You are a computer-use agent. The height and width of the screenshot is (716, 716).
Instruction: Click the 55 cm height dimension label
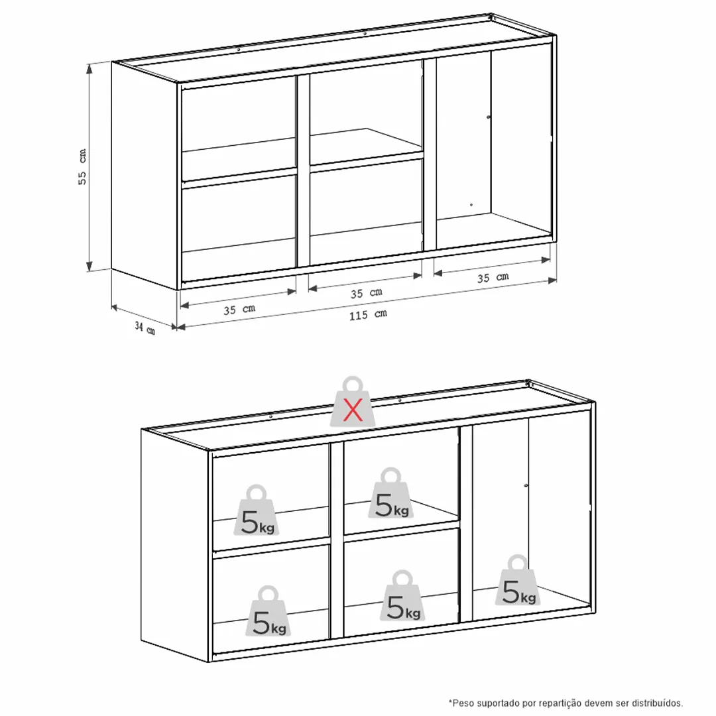(x=82, y=166)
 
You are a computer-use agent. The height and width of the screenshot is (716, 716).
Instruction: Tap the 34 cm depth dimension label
(x=145, y=328)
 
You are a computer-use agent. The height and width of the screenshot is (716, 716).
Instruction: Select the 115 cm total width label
(x=368, y=315)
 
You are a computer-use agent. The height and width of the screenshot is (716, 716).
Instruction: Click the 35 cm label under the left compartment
(x=239, y=310)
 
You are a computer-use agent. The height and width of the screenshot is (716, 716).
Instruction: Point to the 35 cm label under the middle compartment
(x=366, y=293)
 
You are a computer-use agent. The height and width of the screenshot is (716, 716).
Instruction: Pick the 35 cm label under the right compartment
(x=493, y=277)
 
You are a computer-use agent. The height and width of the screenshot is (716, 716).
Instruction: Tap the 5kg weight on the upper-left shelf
(x=257, y=510)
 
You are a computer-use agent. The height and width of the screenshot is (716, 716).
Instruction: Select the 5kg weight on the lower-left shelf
(x=268, y=611)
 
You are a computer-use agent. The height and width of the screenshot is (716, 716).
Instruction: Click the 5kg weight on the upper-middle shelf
(x=391, y=493)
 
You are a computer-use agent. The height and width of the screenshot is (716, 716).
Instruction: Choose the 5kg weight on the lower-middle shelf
(x=403, y=595)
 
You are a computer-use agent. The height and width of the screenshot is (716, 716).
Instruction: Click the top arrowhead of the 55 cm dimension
(x=89, y=68)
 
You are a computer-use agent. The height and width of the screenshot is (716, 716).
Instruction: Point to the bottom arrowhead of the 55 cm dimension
(x=89, y=267)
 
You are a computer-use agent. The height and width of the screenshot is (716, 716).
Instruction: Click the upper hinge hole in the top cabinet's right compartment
(x=489, y=117)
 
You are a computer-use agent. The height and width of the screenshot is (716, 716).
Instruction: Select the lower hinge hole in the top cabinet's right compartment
(x=471, y=205)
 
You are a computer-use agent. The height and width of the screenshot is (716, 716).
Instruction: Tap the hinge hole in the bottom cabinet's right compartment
(x=526, y=485)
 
